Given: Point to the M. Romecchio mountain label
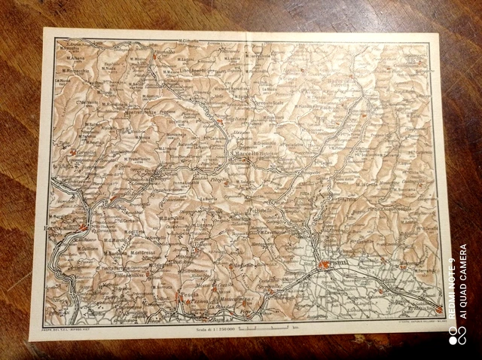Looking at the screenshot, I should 75,69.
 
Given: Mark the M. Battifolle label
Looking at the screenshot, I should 174,218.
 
